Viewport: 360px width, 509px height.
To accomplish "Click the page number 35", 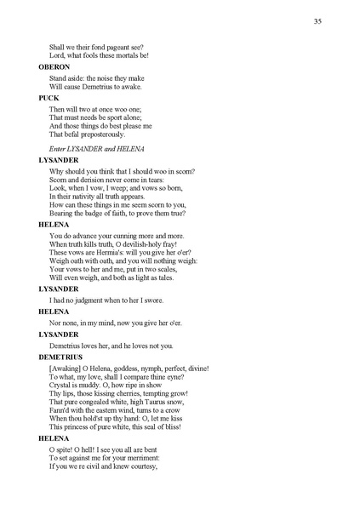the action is (316, 21).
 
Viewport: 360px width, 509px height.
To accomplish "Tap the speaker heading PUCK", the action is (48, 98).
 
